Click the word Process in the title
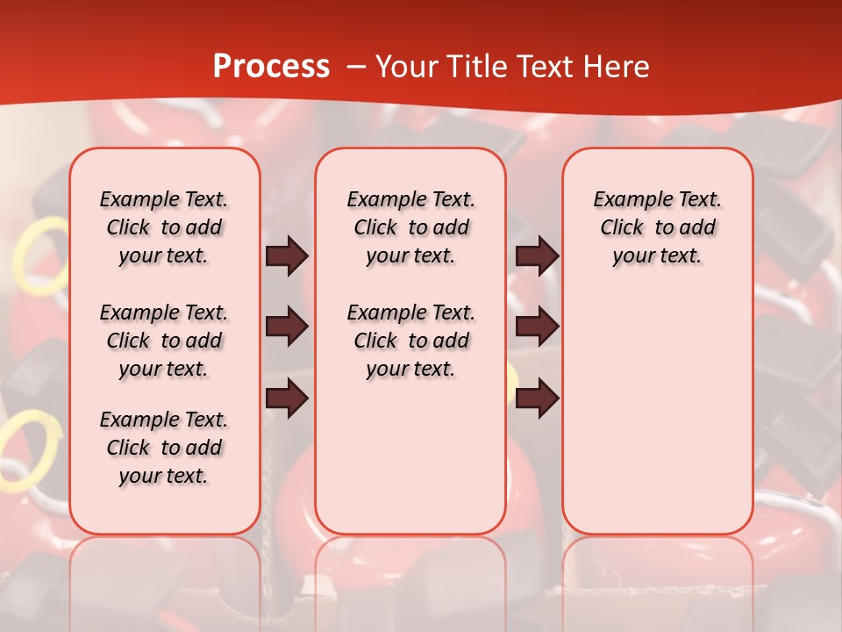click(271, 66)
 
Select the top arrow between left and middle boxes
click(287, 255)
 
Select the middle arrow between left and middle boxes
click(287, 327)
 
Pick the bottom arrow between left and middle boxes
click(287, 399)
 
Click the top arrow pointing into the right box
click(538, 255)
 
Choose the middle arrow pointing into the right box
click(538, 327)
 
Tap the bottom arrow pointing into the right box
click(538, 399)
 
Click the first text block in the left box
click(164, 227)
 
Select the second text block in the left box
click(164, 341)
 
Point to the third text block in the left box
click(164, 448)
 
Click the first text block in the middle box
click(410, 227)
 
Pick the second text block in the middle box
click(410, 341)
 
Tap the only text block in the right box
click(657, 227)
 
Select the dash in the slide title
click(355, 68)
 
